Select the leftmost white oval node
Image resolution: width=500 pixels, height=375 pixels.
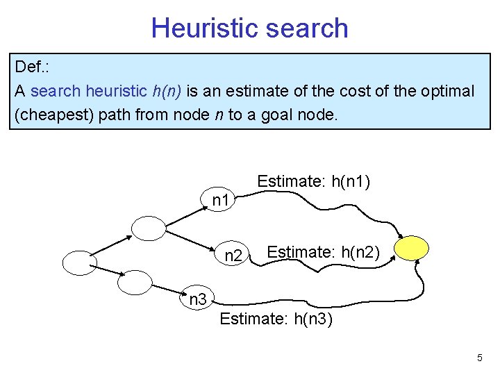click(79, 262)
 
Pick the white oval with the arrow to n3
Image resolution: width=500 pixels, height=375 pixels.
click(134, 282)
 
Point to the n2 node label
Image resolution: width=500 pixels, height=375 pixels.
click(233, 256)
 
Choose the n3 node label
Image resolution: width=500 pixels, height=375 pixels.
click(199, 300)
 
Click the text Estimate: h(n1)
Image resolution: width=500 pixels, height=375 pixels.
click(313, 182)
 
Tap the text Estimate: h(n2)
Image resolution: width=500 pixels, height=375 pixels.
click(323, 251)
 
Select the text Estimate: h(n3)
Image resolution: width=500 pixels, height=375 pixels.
click(276, 319)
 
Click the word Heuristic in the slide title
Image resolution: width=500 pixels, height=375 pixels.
click(201, 28)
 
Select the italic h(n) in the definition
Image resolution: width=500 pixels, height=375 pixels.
click(166, 91)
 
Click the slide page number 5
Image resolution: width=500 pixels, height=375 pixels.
click(479, 358)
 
